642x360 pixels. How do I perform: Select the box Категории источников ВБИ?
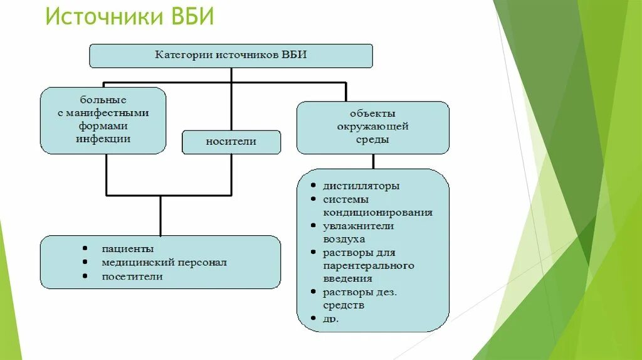pos(231,55)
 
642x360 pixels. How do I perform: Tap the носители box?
pos(231,142)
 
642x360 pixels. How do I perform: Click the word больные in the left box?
pos(103,100)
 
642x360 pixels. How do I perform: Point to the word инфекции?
pos(103,139)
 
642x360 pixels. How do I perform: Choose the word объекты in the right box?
pos(372,114)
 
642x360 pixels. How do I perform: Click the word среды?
pos(372,139)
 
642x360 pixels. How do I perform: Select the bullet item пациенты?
pos(128,249)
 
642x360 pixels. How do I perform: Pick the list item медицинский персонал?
pos(164,263)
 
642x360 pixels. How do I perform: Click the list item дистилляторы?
pos(361,186)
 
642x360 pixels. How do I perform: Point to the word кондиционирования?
pos(377,212)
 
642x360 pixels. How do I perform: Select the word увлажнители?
pos(358,226)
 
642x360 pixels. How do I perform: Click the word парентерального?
pos(368,265)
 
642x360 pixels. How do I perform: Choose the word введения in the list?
pos(347,278)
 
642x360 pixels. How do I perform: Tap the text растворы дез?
pos(360,292)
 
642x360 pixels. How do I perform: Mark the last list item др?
pos(331,319)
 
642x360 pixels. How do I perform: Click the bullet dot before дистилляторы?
pos(312,186)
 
